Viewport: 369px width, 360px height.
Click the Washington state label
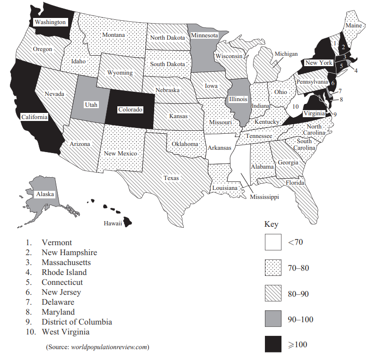pos(50,22)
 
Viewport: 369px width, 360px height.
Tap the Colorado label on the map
pos(130,109)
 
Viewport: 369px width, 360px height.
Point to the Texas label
pos(171,178)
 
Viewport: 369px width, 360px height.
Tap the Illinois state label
pos(237,100)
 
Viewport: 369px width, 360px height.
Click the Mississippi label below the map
pos(264,197)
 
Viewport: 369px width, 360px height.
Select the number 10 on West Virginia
pos(295,106)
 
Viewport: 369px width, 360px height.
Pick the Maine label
pos(353,26)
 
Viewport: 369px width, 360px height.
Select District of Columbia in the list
pos(77,322)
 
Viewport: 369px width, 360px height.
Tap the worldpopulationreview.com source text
pos(109,347)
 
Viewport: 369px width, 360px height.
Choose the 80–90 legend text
pos(298,294)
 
